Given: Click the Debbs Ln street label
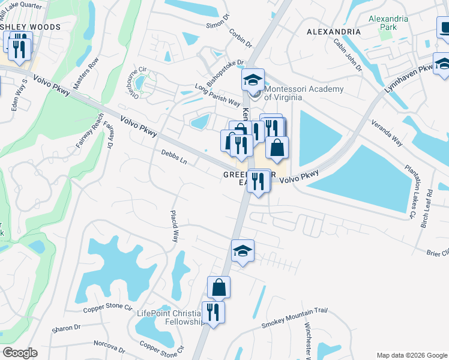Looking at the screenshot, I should [x=174, y=157].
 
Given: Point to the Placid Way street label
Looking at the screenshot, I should [x=175, y=225].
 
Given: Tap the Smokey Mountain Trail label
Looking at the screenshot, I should [x=294, y=318].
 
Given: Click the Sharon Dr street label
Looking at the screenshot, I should [x=66, y=328].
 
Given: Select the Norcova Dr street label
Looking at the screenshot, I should [x=109, y=346].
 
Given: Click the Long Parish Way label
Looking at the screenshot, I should [x=217, y=96].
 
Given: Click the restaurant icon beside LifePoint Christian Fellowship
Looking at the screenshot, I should [x=212, y=312].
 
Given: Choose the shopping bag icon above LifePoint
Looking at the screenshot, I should [x=219, y=287].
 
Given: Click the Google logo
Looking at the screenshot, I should [x=20, y=353].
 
